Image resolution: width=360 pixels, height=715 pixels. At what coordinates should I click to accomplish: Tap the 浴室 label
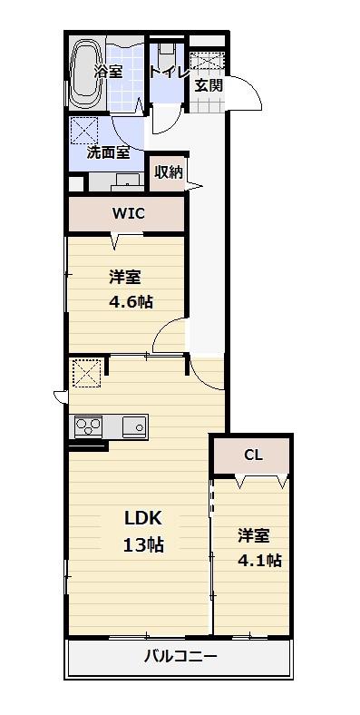pos(109,71)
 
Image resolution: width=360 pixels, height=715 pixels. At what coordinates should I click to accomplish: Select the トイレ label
pos(170,72)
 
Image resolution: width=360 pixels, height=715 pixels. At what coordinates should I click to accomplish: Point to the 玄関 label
pos(209,84)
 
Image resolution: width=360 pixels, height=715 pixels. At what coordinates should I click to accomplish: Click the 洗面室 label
pos(109,152)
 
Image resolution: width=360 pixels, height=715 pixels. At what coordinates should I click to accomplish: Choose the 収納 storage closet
pos(169,172)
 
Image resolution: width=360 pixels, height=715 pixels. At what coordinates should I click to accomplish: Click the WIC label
pos(129,213)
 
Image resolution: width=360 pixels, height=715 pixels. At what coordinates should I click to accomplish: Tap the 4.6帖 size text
pos(131,302)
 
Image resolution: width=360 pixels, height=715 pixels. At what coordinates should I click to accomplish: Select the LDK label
pos(142,518)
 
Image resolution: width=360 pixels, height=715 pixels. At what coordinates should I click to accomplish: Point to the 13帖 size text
pos(143,545)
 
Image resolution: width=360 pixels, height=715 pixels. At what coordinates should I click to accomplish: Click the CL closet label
pos(253,455)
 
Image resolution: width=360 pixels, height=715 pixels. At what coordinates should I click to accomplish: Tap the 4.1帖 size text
pos(259,560)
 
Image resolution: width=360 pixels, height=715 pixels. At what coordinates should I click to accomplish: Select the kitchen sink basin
pos(135,426)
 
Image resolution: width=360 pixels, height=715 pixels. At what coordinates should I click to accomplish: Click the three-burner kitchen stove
pos(88,426)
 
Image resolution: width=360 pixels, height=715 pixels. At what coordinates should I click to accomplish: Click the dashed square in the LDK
pos(86,373)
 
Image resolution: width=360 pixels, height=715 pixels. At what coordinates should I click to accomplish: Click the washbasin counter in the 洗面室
pos(116,181)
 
